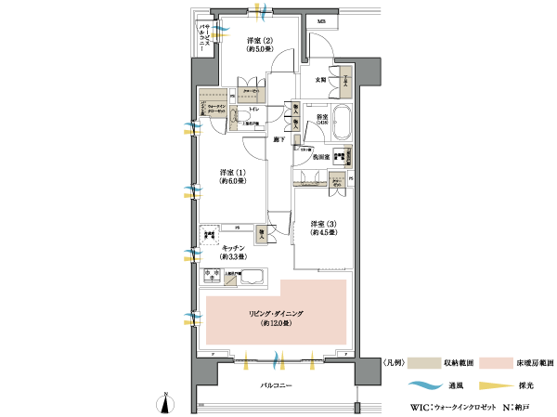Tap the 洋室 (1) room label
(233, 173)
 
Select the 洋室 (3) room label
(323, 224)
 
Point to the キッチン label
(233, 248)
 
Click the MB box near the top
(321, 20)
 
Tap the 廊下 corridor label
(278, 139)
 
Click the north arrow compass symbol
(166, 402)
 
